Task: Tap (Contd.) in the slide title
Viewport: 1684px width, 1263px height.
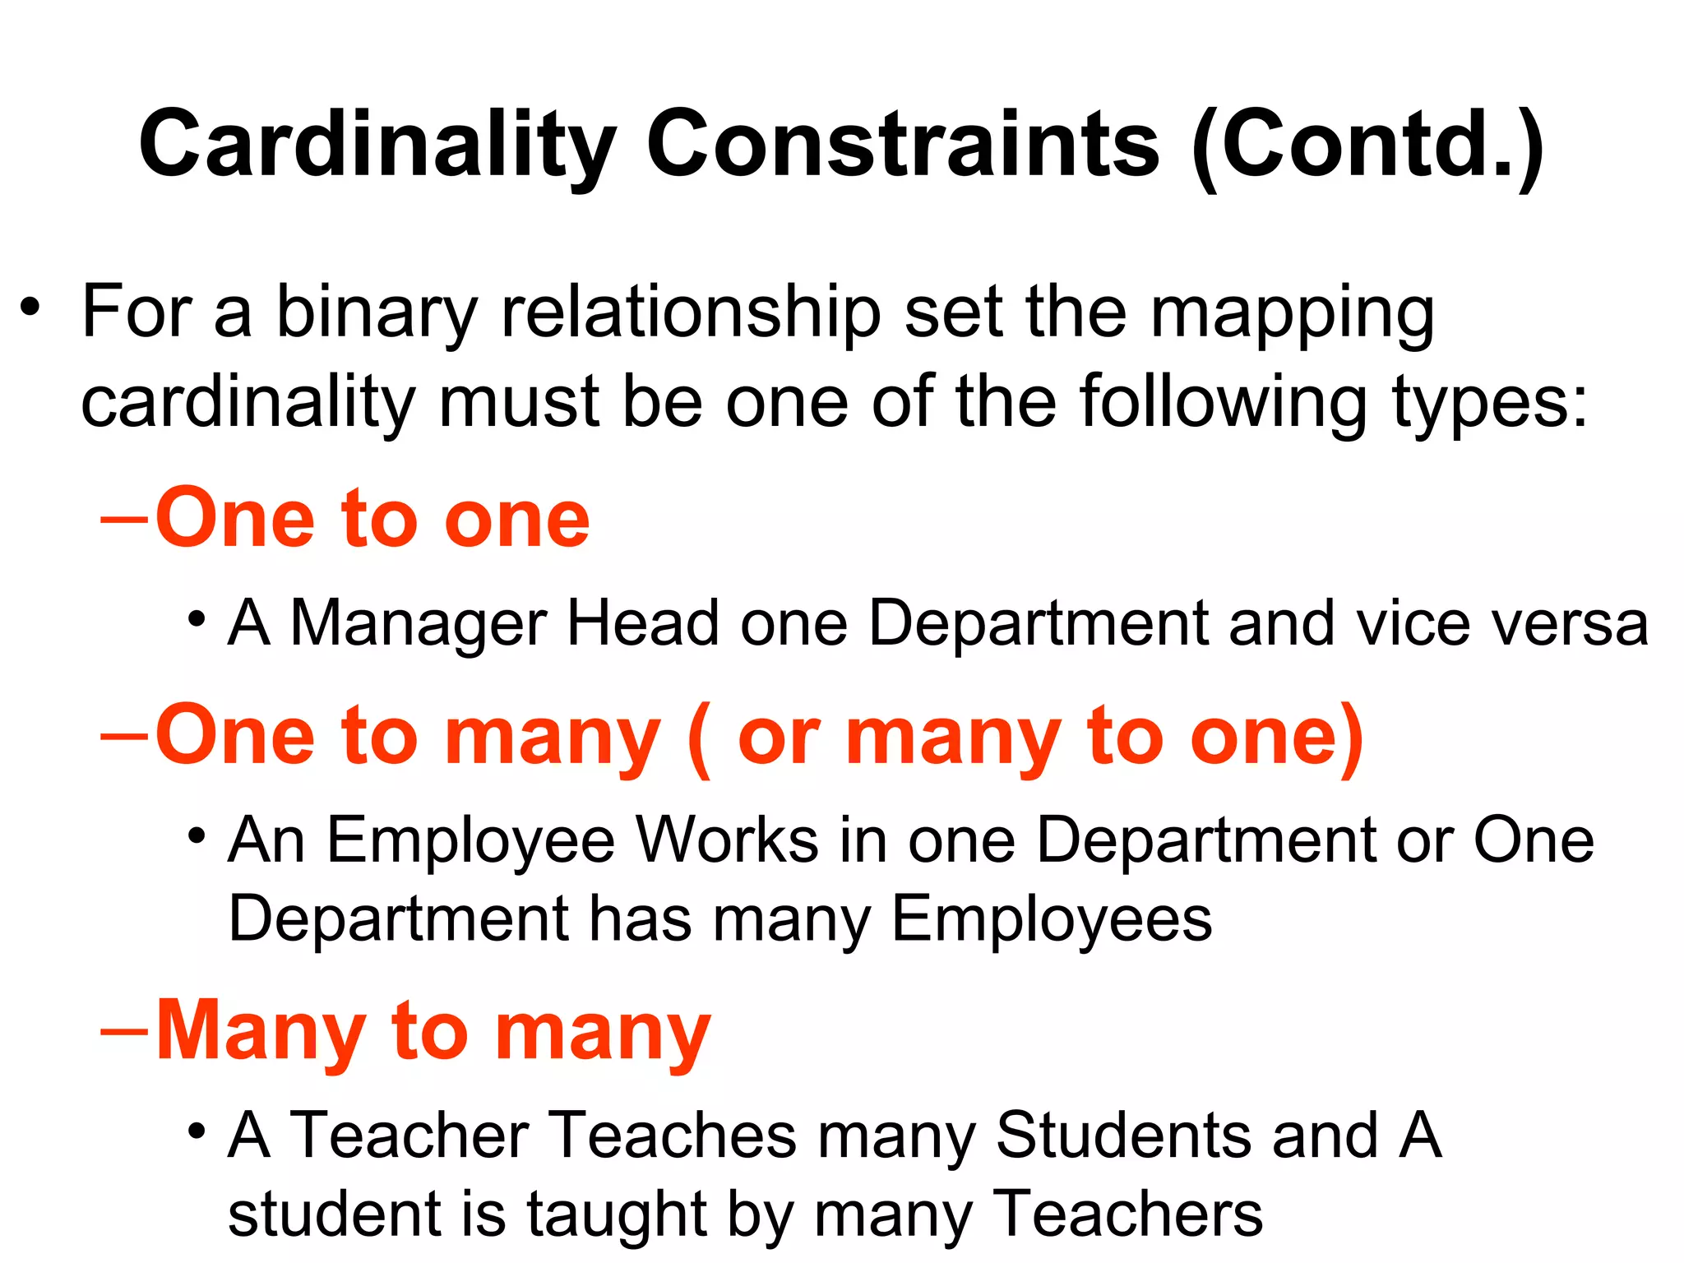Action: [x=1367, y=146]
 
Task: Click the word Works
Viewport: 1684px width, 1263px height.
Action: [x=728, y=840]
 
